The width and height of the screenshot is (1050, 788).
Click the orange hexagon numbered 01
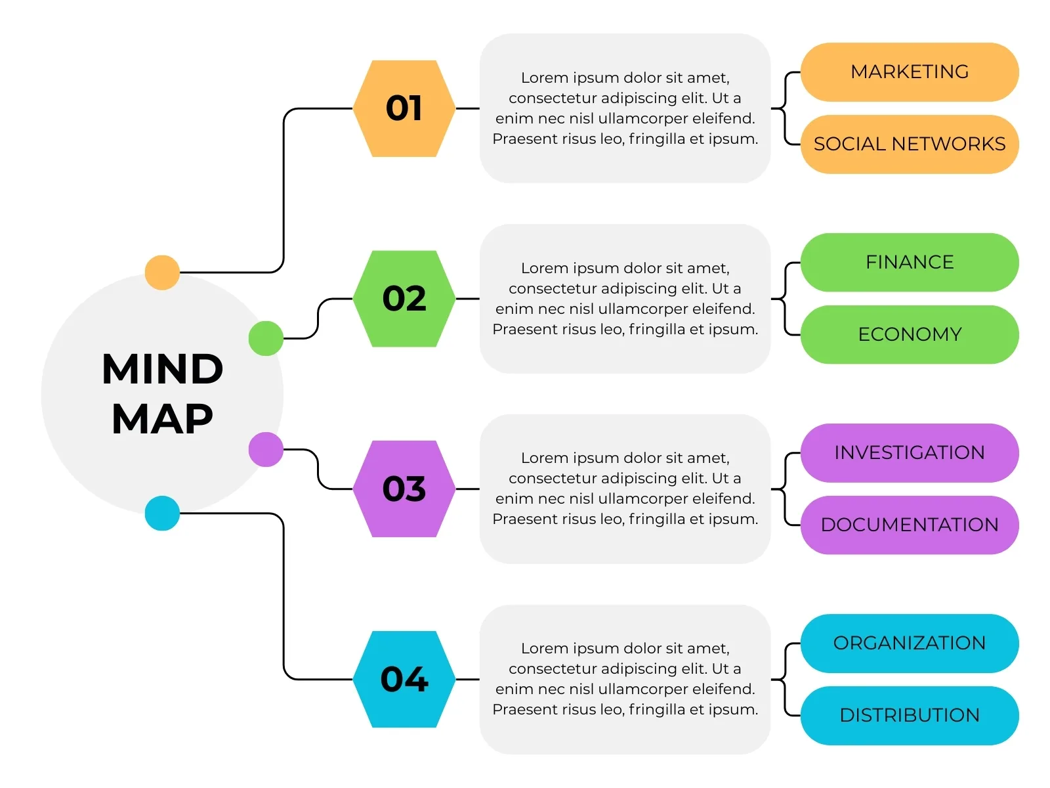(x=404, y=108)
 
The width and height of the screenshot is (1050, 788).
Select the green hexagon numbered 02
(x=404, y=299)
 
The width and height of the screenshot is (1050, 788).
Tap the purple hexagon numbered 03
(x=404, y=489)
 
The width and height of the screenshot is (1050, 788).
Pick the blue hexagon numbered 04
(x=404, y=679)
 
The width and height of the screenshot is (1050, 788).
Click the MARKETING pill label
(x=910, y=72)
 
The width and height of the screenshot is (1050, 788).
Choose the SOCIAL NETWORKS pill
(x=910, y=144)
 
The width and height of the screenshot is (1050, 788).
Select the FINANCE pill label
(x=910, y=263)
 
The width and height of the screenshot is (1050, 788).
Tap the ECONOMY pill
(x=910, y=335)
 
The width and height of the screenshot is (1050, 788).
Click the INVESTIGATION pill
(x=910, y=453)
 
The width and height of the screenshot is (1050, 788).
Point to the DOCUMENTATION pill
(x=910, y=525)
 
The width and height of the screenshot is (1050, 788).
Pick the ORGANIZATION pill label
(x=910, y=644)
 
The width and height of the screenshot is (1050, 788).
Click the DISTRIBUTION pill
(x=910, y=716)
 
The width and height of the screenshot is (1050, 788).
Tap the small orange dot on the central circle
(x=162, y=273)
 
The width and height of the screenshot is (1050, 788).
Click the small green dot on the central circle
(x=266, y=339)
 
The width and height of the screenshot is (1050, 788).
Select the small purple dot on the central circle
(x=266, y=450)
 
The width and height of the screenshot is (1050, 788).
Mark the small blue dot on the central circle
(x=162, y=514)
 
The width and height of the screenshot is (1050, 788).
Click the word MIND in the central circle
(x=163, y=369)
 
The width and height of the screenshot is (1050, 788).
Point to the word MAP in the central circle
(x=163, y=419)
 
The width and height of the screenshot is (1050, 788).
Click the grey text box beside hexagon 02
(x=625, y=299)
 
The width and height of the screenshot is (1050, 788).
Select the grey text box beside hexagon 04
(x=625, y=679)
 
